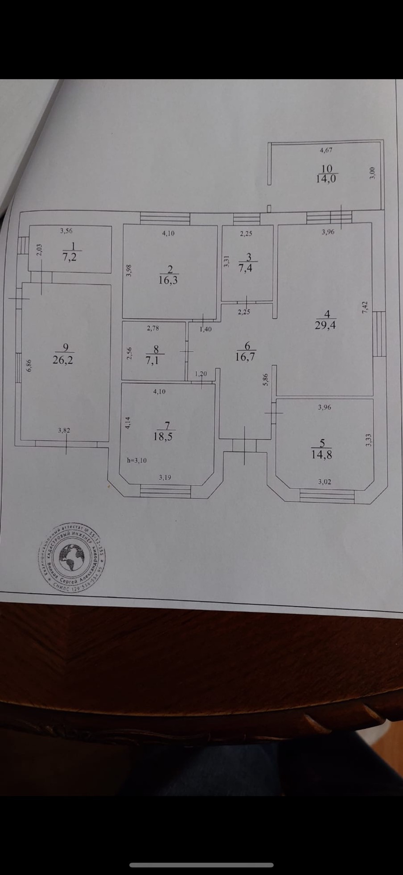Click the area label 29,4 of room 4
pos(325,325)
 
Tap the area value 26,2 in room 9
pos(62,360)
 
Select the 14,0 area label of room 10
pos(326,179)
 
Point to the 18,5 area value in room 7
pos(163,436)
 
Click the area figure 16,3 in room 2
pos(168,280)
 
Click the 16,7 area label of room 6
pos(245,356)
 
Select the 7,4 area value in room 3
pos(246,268)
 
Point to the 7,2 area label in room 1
pos(70,257)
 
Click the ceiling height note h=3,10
pos(136,460)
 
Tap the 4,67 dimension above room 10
pos(326,150)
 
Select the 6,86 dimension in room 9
pos(29,366)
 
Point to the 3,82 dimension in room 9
pos(64,430)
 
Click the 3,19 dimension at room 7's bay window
pos(165,478)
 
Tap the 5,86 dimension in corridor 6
pos(266,379)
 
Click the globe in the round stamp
pos(71,558)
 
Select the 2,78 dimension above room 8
pos(152,328)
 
